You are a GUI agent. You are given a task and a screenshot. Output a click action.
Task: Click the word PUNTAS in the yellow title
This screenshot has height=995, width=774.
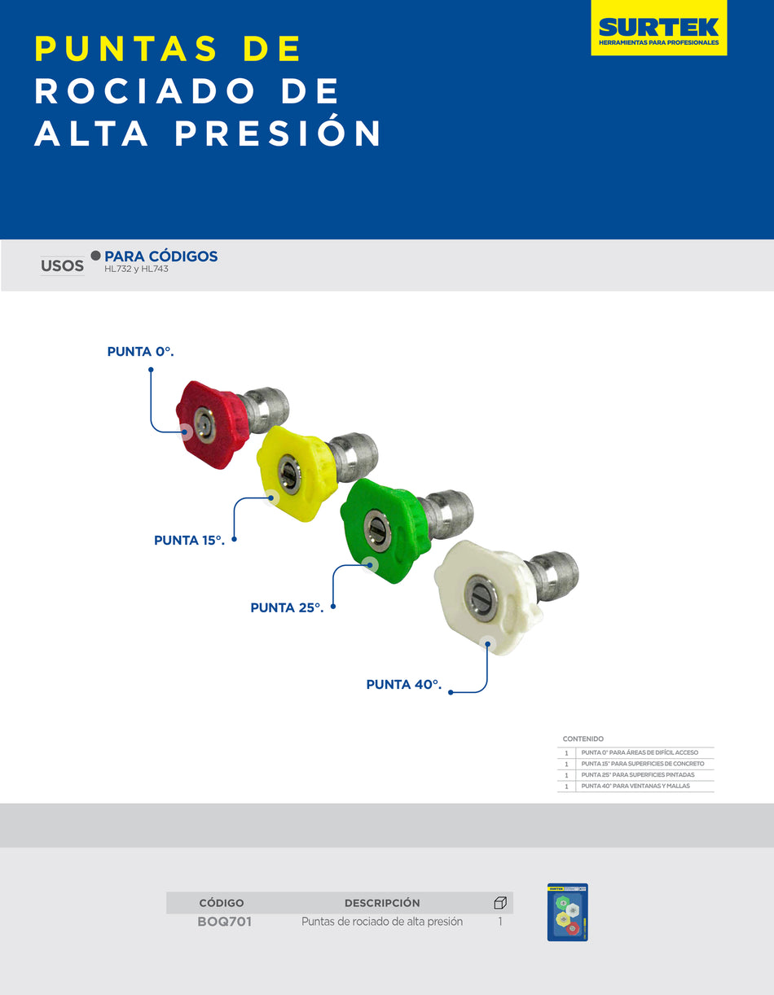[126, 49]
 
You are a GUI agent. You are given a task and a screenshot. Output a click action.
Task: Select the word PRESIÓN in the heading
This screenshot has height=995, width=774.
[279, 134]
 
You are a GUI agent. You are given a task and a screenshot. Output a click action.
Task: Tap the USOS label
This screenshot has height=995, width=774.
[63, 265]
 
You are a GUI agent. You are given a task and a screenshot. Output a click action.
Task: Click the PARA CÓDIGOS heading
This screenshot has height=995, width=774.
[161, 256]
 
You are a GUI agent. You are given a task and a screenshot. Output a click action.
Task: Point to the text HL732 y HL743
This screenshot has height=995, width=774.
[136, 269]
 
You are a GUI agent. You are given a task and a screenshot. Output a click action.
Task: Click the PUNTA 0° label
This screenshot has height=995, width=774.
[141, 352]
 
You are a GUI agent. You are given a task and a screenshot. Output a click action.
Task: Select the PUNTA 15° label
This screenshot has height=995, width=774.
[189, 540]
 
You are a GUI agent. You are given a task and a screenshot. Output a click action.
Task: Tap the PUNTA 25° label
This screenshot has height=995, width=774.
[287, 607]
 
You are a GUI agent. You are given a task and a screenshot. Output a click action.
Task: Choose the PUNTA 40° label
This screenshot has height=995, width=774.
[403, 685]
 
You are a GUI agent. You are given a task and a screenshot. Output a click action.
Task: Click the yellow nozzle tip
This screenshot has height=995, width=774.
[295, 472]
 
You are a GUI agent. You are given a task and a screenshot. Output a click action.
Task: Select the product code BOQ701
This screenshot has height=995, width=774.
[224, 922]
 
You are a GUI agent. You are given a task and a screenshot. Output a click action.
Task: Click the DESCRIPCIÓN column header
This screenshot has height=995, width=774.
[382, 903]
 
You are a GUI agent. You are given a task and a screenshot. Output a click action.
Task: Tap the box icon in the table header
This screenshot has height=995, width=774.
[500, 903]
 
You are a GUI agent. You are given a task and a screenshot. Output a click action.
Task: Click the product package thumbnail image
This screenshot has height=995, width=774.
[567, 912]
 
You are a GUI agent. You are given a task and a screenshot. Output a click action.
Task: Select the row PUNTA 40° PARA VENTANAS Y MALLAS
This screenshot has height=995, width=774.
[635, 787]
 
